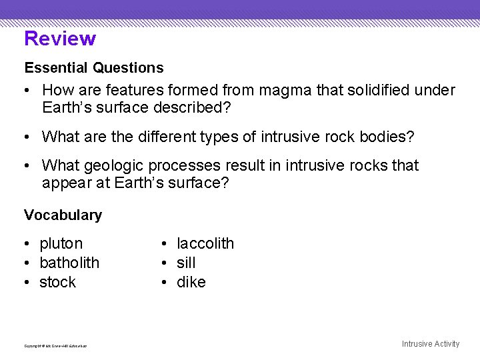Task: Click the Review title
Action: pos(60,39)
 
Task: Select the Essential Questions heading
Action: pos(94,68)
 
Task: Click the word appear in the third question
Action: pos(67,183)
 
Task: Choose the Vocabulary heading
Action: pos(63,215)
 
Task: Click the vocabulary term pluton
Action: pos(61,244)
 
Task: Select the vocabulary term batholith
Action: pos(69,263)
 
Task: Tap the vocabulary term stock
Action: pos(58,282)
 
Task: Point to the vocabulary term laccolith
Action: pos(205,244)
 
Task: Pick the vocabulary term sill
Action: pos(186,263)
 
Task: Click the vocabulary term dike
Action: pos(191,282)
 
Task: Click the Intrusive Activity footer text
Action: pos(431,344)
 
